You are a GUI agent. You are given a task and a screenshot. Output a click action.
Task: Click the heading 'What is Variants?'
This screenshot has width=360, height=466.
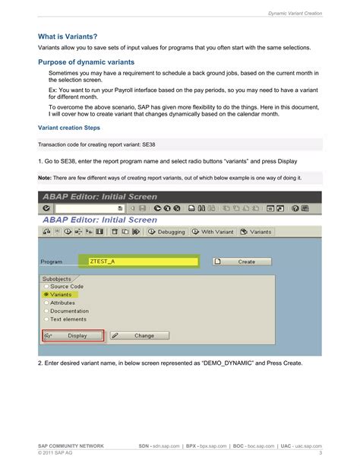(x=68, y=36)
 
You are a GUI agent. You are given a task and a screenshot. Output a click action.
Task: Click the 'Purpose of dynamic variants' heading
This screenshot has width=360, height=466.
(x=87, y=62)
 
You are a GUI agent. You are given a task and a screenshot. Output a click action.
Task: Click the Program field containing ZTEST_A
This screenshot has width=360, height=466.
(x=141, y=262)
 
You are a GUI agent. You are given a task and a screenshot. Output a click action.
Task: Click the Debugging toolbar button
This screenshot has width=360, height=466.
(x=166, y=232)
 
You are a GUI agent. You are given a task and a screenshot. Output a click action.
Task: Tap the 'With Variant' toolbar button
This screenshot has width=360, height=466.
(x=213, y=232)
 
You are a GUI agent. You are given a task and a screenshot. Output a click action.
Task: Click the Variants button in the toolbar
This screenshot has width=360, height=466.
(x=257, y=232)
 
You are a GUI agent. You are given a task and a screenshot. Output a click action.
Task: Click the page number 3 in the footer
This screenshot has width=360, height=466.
(x=321, y=454)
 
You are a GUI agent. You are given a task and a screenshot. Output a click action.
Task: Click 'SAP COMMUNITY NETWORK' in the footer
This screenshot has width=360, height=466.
(x=71, y=445)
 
